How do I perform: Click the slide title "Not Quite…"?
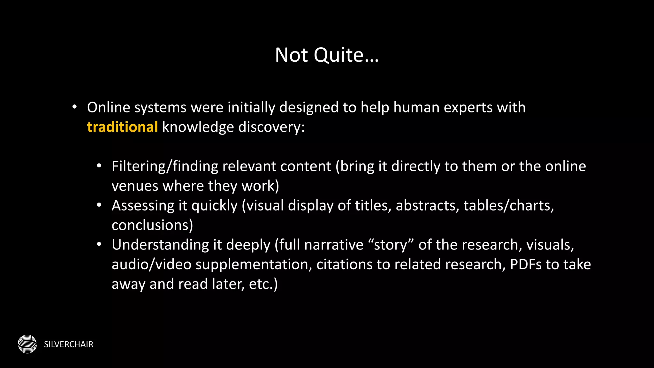coord(327,55)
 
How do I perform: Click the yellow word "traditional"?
coord(122,127)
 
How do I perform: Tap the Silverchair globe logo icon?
coord(27,344)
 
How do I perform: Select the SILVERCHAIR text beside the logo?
coord(69,344)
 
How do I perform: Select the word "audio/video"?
coord(151,264)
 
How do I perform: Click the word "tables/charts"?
coord(508,205)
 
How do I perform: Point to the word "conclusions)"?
coord(152,225)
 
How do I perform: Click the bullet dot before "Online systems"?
coord(74,107)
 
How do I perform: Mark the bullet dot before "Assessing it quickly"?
coord(99,205)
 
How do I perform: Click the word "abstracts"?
coord(427,205)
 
